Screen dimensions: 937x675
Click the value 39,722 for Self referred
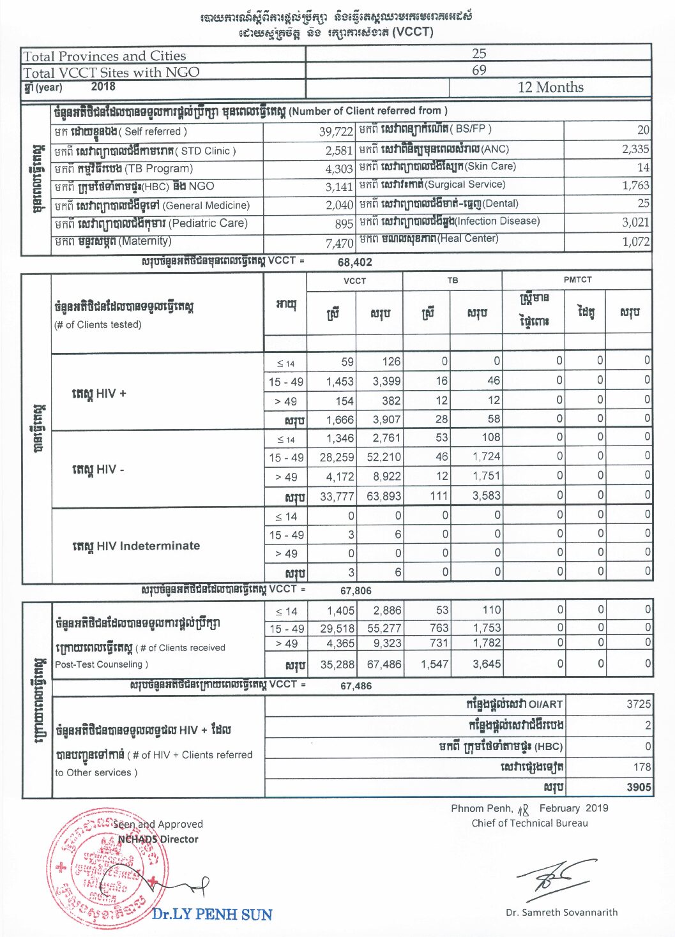pyautogui.click(x=336, y=132)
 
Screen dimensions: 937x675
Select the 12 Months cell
pyautogui.click(x=550, y=87)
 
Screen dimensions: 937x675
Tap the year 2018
pyautogui.click(x=103, y=86)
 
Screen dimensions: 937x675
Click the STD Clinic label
pyautogui.click(x=208, y=151)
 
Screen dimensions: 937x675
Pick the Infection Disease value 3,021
pyautogui.click(x=635, y=222)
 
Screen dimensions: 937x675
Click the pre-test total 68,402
pyautogui.click(x=354, y=262)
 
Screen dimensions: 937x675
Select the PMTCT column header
pyautogui.click(x=577, y=280)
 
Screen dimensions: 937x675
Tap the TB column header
pyautogui.click(x=452, y=280)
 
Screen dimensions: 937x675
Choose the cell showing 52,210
pyautogui.click(x=384, y=457)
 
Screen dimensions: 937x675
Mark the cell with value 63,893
pyautogui.click(x=384, y=495)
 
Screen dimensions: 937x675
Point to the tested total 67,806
pyautogui.click(x=356, y=590)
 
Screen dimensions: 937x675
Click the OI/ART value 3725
pyautogui.click(x=639, y=704)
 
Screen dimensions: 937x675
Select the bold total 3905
pyautogui.click(x=639, y=787)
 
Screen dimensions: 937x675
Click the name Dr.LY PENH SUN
pyautogui.click(x=212, y=914)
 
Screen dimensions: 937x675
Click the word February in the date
pyautogui.click(x=559, y=808)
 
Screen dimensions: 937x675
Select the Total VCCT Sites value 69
pyautogui.click(x=479, y=70)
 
